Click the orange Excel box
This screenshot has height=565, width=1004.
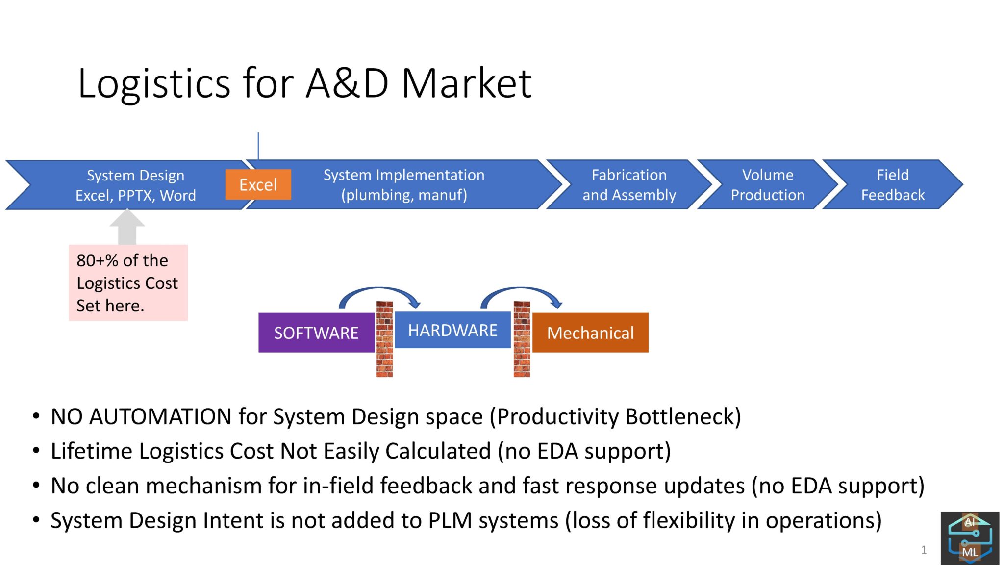pos(258,184)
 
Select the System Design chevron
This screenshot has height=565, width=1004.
pos(135,185)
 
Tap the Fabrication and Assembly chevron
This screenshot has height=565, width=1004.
pos(628,185)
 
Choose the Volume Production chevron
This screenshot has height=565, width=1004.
pos(767,185)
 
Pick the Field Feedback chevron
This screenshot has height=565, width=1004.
pos(892,185)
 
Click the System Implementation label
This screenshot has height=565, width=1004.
pos(403,175)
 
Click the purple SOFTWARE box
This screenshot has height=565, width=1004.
pos(316,333)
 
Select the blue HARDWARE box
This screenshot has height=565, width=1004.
pos(452,330)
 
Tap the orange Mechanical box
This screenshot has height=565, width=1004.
pos(590,333)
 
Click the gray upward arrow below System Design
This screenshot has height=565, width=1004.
pos(127,228)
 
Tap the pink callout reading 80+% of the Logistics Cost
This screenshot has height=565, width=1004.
pos(128,283)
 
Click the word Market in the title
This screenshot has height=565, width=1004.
pos(467,83)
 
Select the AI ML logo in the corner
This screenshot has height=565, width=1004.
pos(969,538)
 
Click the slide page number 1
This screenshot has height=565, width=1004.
pos(924,550)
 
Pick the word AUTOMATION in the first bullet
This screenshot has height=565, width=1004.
pos(160,417)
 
